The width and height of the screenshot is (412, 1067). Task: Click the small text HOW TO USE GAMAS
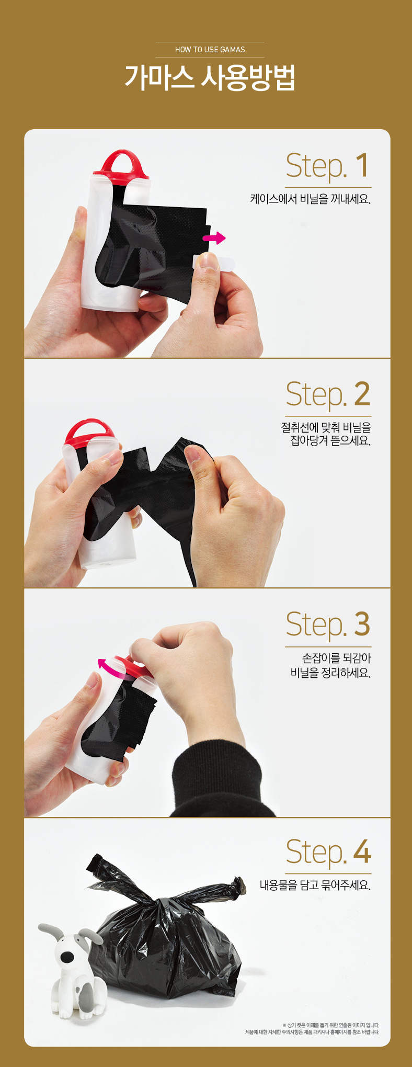[210, 50]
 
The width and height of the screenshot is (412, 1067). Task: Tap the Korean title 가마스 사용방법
[210, 77]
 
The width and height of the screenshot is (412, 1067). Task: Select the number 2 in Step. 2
[362, 394]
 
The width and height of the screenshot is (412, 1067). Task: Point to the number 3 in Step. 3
[362, 624]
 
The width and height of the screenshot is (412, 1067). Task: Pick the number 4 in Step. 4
[362, 852]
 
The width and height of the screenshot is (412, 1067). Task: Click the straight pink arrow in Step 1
[214, 239]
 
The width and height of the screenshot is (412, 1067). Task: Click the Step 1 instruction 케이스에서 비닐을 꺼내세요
[310, 199]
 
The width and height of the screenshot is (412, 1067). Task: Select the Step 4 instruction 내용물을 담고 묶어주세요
[315, 886]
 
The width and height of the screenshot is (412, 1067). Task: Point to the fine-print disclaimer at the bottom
[312, 1029]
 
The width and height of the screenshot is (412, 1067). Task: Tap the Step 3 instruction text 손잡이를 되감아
[337, 658]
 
